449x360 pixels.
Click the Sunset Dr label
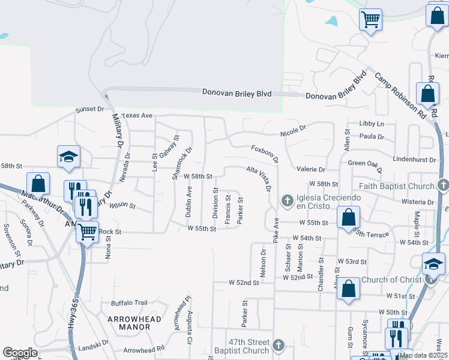click(x=89, y=110)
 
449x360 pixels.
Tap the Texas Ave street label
click(x=137, y=115)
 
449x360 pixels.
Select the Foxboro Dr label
click(x=265, y=152)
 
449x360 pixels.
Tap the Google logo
click(x=20, y=353)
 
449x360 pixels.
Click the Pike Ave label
click(x=277, y=230)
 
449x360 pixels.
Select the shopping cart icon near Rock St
click(x=88, y=230)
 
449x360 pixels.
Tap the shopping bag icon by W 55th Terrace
click(x=349, y=217)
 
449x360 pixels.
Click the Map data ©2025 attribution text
click(x=423, y=355)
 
